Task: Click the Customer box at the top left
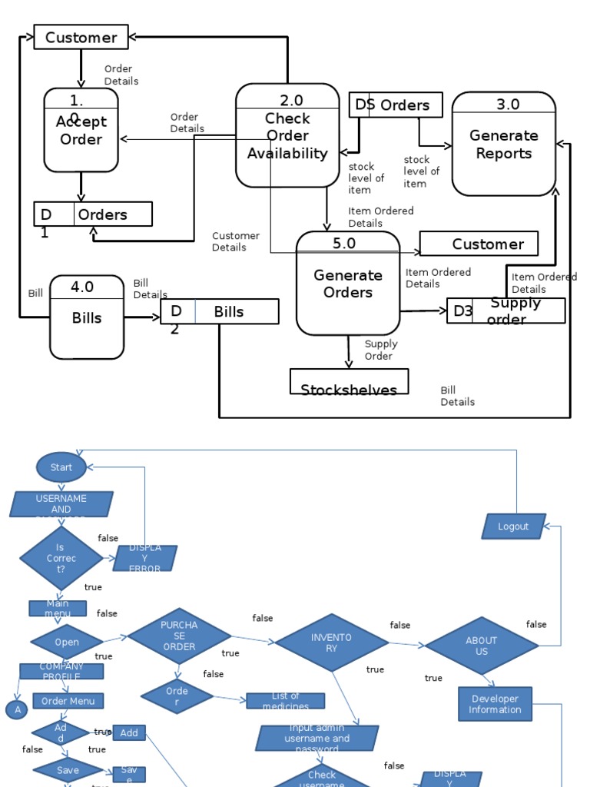click(x=81, y=37)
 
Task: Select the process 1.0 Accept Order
click(x=81, y=130)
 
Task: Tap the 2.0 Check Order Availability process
click(x=287, y=135)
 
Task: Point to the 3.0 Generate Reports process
click(x=503, y=144)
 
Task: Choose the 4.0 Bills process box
click(x=87, y=317)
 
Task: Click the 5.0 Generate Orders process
click(x=348, y=284)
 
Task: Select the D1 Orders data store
click(x=93, y=214)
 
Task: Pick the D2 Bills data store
click(x=220, y=311)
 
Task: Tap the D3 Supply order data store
click(x=505, y=310)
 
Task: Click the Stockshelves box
click(x=349, y=382)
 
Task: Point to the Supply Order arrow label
click(x=379, y=350)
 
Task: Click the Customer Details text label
click(x=236, y=241)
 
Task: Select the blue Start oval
click(x=61, y=467)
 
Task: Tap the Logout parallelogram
click(x=513, y=526)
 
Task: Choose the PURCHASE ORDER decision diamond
click(x=179, y=636)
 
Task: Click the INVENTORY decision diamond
click(x=331, y=643)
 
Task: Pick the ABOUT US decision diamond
click(x=482, y=646)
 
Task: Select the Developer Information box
click(x=495, y=704)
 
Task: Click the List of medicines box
click(x=285, y=701)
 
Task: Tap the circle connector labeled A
click(x=17, y=710)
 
